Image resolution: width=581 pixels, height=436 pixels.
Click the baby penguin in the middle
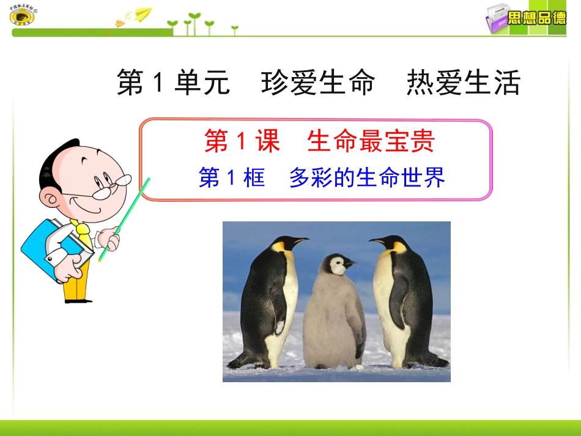coord(334,318)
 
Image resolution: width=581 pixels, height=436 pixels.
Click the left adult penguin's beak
coord(300,241)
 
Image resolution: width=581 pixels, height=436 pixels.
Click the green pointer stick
coord(125,217)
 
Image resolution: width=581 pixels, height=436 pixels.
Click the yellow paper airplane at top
coord(143,13)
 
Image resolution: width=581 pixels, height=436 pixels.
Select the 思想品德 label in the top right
coord(537,18)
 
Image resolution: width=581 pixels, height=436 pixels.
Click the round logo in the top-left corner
coord(23,15)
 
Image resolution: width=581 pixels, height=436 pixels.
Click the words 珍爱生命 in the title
coord(317,83)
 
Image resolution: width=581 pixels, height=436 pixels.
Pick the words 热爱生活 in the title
coord(463,83)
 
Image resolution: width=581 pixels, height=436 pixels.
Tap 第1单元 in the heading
coord(173,83)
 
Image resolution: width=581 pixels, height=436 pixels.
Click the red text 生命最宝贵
coord(371,141)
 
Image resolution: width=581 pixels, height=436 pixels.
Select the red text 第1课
coord(242,141)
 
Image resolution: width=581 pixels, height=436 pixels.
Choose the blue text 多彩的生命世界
coord(367,177)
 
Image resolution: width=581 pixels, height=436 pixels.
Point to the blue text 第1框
coord(232,177)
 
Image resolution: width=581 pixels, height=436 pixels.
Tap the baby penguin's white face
coord(337,266)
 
